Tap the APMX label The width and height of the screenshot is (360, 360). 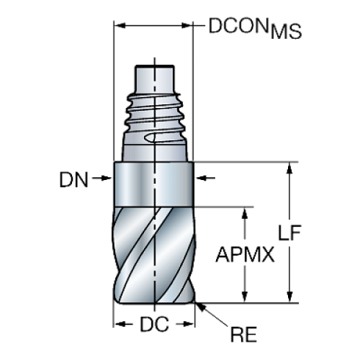(245, 254)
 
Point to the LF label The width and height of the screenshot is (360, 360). (292, 232)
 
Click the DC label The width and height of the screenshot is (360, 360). (154, 323)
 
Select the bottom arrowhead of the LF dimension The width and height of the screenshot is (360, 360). (292, 297)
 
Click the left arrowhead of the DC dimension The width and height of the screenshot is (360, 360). (117, 323)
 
